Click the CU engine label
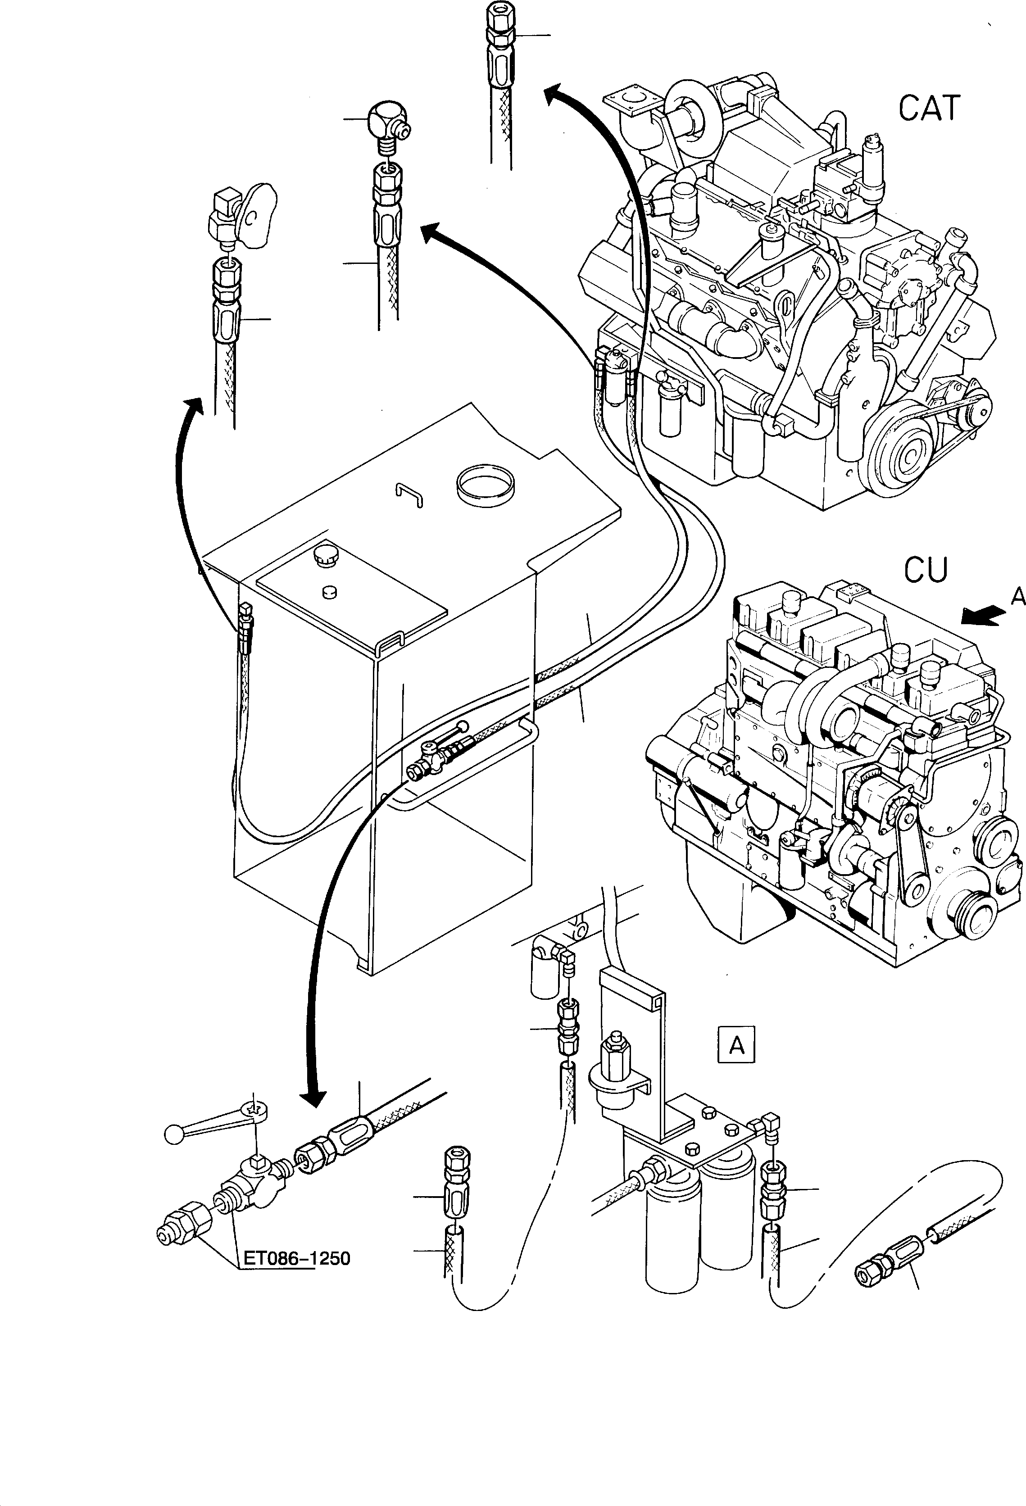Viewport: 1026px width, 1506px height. [926, 570]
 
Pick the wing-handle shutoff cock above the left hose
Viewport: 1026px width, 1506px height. [243, 214]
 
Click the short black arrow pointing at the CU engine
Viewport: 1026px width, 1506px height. [983, 616]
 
